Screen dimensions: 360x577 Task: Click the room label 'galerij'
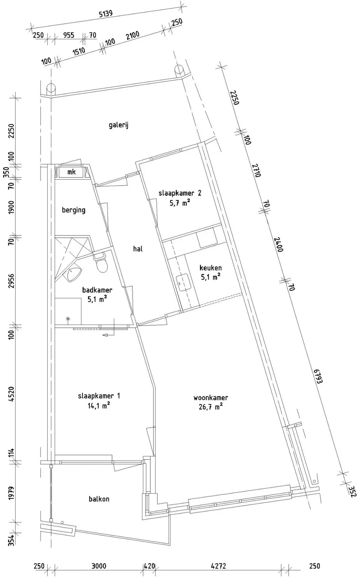tap(118, 125)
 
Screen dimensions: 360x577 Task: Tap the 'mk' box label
tap(72, 172)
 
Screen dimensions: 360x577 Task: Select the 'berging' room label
tap(74, 210)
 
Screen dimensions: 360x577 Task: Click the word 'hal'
tap(138, 248)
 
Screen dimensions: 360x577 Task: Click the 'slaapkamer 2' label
tap(180, 193)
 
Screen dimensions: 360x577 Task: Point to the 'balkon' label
tap(99, 506)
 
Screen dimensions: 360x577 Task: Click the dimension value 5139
tap(106, 14)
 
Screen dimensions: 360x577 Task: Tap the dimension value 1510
tap(79, 52)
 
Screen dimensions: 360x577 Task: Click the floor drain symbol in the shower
tap(68, 319)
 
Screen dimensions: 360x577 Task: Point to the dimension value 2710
tap(257, 170)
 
